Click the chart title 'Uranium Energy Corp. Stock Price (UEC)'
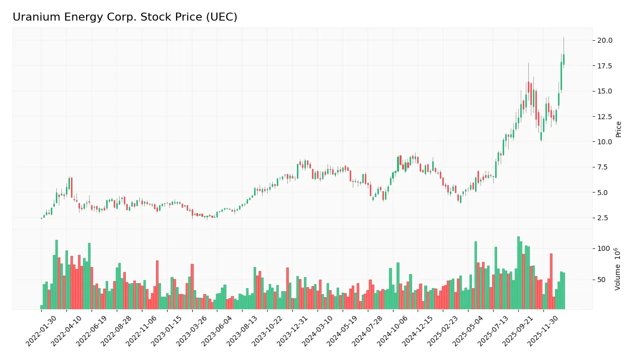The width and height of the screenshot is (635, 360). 125,17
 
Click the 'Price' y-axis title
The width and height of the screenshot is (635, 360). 619,129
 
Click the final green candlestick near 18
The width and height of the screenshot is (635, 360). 564,59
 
